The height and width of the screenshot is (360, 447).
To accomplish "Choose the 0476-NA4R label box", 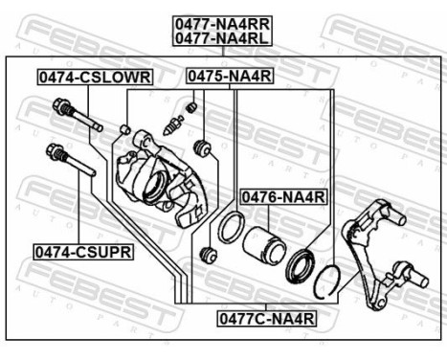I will click(283, 197).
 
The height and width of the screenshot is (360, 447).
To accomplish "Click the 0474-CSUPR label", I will click(83, 252).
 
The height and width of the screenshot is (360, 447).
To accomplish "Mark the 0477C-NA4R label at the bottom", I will click(265, 315).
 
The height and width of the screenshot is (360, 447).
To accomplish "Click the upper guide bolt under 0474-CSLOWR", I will click(78, 118).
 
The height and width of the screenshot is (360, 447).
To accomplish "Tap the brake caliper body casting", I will click(158, 178).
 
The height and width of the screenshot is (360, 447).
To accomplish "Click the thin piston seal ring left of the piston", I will click(230, 229).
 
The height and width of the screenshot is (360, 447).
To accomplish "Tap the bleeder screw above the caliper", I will click(173, 125).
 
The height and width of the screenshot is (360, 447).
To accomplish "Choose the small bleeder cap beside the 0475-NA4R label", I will click(191, 106).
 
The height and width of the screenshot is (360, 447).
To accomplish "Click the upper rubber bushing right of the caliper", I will click(201, 148).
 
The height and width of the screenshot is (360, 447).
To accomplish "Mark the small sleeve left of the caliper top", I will click(125, 128).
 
